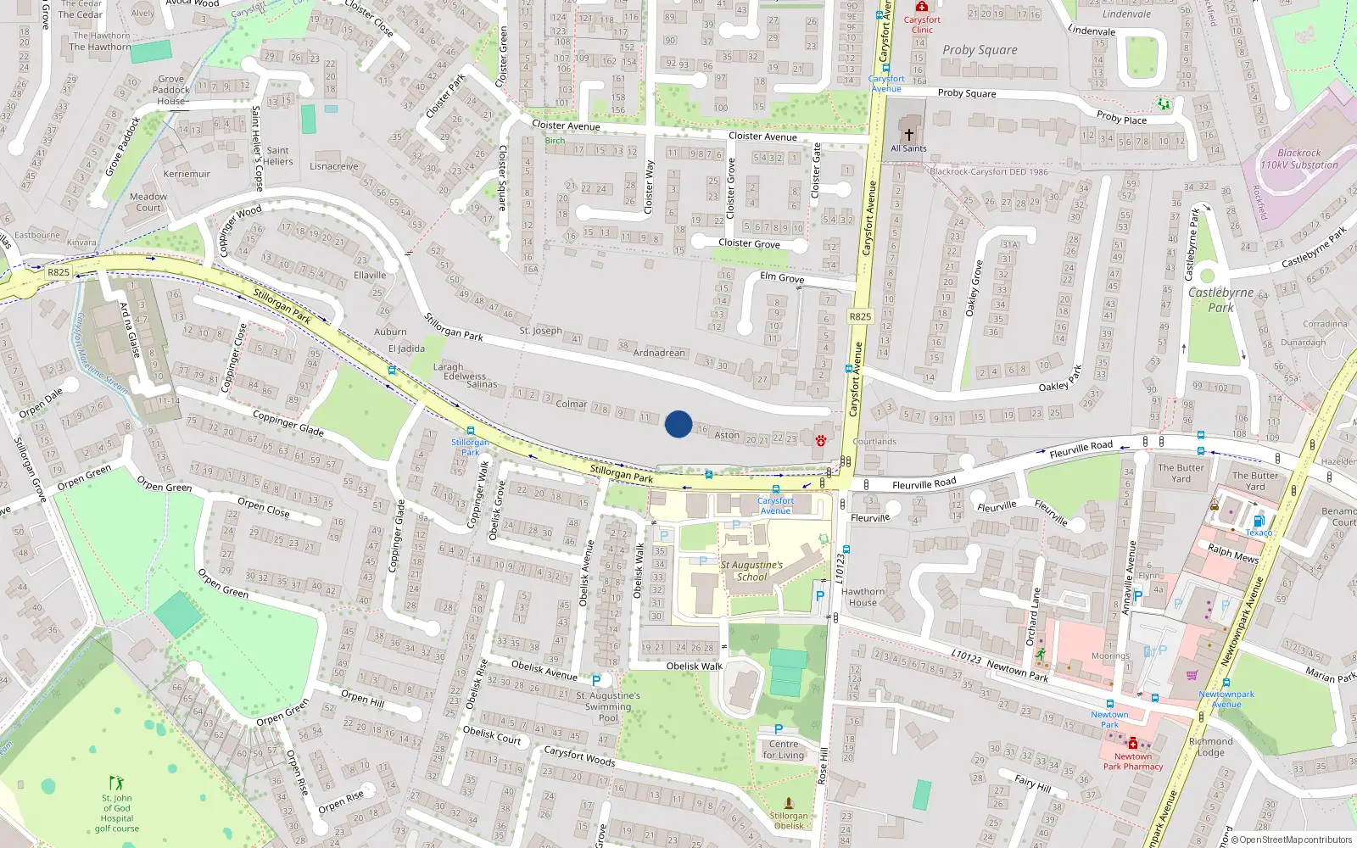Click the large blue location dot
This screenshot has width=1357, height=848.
pyautogui.click(x=678, y=424)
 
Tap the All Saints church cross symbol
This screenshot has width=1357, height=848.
pyautogui.click(x=908, y=135)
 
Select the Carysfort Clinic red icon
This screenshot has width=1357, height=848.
pyautogui.click(x=922, y=7)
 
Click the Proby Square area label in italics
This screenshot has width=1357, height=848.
pyautogui.click(x=980, y=50)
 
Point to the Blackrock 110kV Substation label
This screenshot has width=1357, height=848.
pyautogui.click(x=1298, y=159)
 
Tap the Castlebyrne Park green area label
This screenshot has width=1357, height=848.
pyautogui.click(x=1220, y=299)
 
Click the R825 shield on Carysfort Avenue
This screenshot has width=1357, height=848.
pyautogui.click(x=860, y=316)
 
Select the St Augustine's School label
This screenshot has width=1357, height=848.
pyautogui.click(x=751, y=571)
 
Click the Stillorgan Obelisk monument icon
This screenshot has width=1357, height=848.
pyautogui.click(x=789, y=802)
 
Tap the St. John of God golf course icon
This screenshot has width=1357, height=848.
pyautogui.click(x=116, y=782)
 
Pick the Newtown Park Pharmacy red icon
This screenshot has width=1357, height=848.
pyautogui.click(x=1132, y=743)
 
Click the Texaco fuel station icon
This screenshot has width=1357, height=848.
pyautogui.click(x=1259, y=521)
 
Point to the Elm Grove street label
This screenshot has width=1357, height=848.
pyautogui.click(x=782, y=277)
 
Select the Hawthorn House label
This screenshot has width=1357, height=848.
pyautogui.click(x=863, y=597)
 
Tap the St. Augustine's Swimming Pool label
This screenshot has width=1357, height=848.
pyautogui.click(x=608, y=706)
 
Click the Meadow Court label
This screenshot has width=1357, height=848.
pyautogui.click(x=148, y=202)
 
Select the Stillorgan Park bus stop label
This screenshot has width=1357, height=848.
pyautogui.click(x=470, y=447)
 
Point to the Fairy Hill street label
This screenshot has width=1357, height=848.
pyautogui.click(x=1032, y=783)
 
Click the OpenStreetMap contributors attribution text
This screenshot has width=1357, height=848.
pyautogui.click(x=1292, y=840)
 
